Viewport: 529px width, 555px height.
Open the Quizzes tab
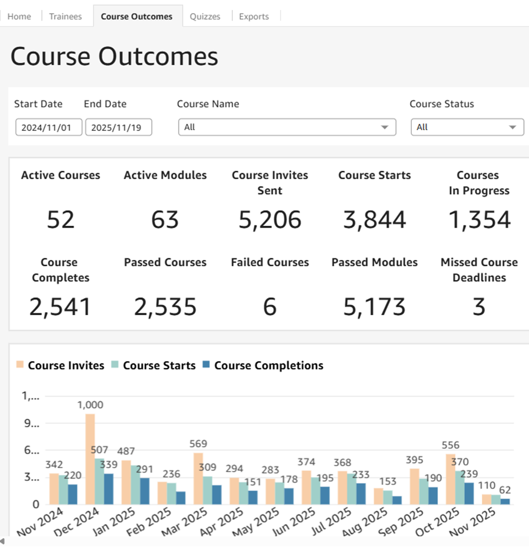(x=205, y=16)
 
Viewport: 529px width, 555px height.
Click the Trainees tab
(x=66, y=16)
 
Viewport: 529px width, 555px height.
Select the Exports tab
(x=254, y=16)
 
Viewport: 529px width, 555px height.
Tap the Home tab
(x=20, y=16)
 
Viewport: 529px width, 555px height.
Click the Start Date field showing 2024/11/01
(x=48, y=127)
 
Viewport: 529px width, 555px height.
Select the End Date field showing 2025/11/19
(x=119, y=127)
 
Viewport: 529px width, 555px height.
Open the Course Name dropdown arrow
(x=385, y=127)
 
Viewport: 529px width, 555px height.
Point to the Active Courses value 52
(x=61, y=220)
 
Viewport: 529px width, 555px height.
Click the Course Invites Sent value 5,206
(x=270, y=220)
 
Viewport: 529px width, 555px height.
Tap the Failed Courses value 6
(x=270, y=307)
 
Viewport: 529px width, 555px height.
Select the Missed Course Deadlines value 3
(x=479, y=307)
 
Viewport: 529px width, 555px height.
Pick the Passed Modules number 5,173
(x=374, y=307)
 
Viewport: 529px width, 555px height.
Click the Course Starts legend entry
(x=154, y=366)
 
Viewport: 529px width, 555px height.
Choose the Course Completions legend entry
(x=263, y=366)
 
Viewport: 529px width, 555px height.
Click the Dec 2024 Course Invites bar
(x=90, y=459)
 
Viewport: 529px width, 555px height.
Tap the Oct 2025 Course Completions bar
(x=469, y=493)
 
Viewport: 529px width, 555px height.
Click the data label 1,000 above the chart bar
(x=90, y=405)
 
